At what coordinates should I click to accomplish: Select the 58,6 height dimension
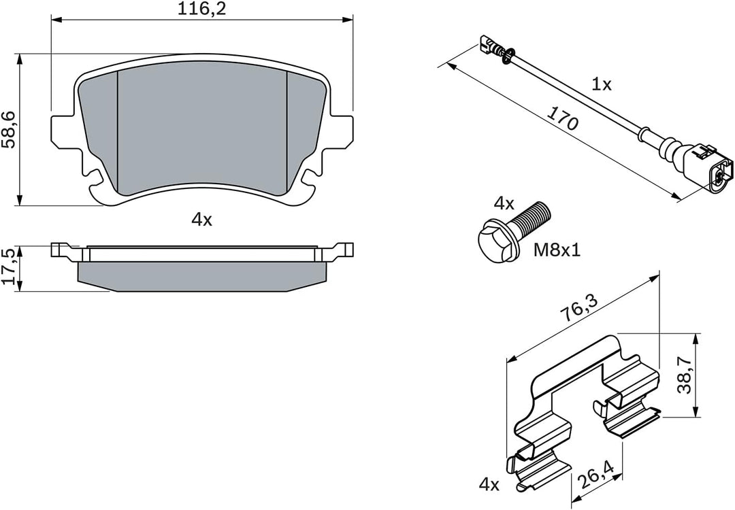[10, 129]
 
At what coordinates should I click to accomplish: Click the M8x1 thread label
[556, 251]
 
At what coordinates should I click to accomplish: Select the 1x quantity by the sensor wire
[601, 84]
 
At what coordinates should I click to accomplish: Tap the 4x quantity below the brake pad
[202, 220]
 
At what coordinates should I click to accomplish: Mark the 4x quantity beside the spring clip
[489, 485]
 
